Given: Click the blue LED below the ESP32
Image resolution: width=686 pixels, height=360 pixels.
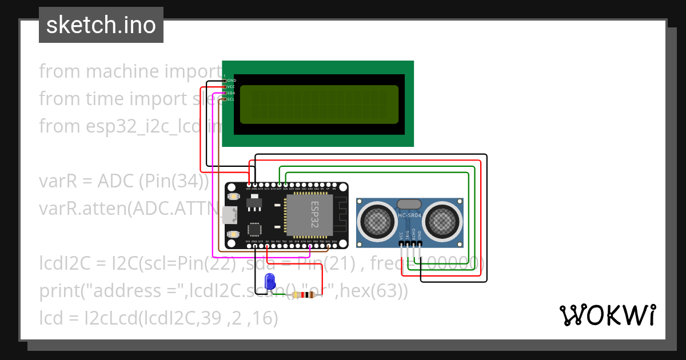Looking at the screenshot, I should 270,281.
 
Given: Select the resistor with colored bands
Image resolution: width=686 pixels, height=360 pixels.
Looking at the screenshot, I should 304,295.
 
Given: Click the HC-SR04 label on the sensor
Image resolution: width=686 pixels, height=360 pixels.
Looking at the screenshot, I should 409,215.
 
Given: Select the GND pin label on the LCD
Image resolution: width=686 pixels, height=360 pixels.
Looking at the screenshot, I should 232,81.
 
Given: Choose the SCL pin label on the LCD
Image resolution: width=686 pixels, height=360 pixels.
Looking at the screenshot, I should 231,99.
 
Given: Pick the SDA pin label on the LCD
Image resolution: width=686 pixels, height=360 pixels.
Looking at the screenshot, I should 231,93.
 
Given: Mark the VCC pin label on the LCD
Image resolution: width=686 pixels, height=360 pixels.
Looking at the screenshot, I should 231,87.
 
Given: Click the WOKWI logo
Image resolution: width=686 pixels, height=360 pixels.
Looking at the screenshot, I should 608,315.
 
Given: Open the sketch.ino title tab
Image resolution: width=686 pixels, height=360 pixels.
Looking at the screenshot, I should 101,25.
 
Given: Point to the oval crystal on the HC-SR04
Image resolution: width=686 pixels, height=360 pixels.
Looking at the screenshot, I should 409,204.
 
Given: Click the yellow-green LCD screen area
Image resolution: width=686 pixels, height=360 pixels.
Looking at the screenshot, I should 319,105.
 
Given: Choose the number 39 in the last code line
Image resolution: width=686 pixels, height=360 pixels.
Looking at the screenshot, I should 210,318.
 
